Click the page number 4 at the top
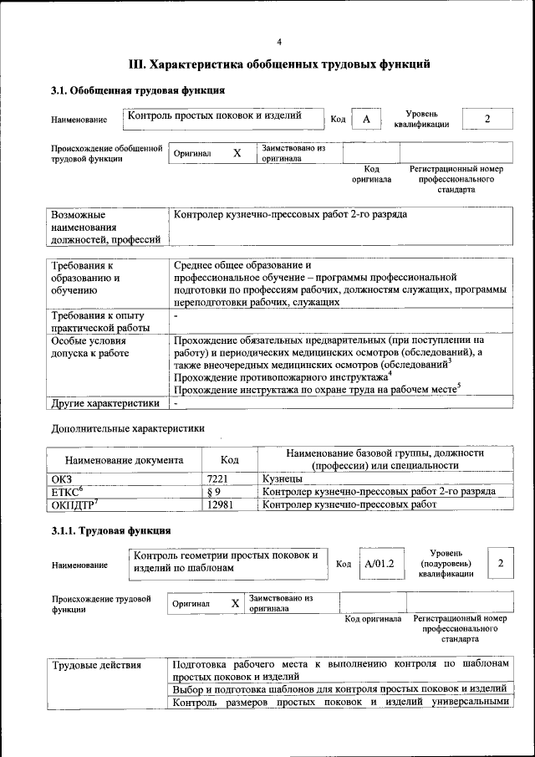pyautogui.click(x=279, y=42)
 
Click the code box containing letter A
pyautogui.click(x=366, y=120)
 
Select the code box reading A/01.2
pyautogui.click(x=379, y=565)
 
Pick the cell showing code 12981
pyautogui.click(x=220, y=505)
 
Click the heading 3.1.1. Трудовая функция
pyautogui.click(x=111, y=530)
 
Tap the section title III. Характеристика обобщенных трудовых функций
pyautogui.click(x=279, y=64)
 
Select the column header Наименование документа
pyautogui.click(x=124, y=460)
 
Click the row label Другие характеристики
pyautogui.click(x=105, y=402)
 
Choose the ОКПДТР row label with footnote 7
pyautogui.click(x=76, y=505)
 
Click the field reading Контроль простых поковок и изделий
pyautogui.click(x=212, y=115)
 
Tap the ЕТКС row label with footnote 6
pyautogui.click(x=67, y=492)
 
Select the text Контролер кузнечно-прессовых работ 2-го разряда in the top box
pyautogui.click(x=290, y=215)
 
